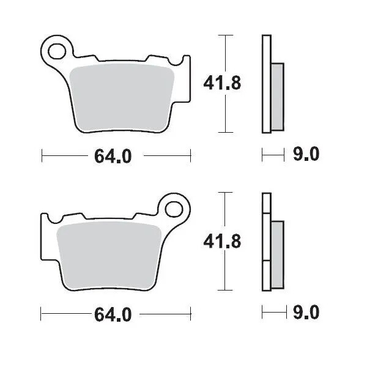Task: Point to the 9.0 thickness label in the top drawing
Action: click(x=306, y=155)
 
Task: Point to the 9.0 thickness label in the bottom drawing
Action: click(x=306, y=314)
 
